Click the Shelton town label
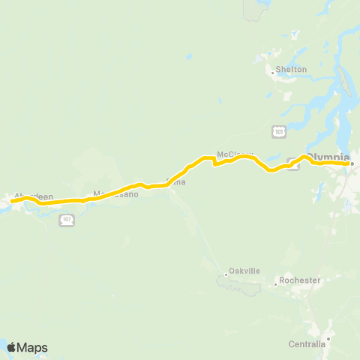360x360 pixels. click(292, 70)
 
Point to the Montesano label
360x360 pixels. click(116, 194)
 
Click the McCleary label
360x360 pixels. click(232, 154)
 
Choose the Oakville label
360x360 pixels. click(243, 273)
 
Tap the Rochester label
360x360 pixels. click(300, 280)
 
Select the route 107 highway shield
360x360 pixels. click(67, 219)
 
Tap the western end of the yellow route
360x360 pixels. click(12, 200)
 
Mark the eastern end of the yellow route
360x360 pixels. click(348, 163)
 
